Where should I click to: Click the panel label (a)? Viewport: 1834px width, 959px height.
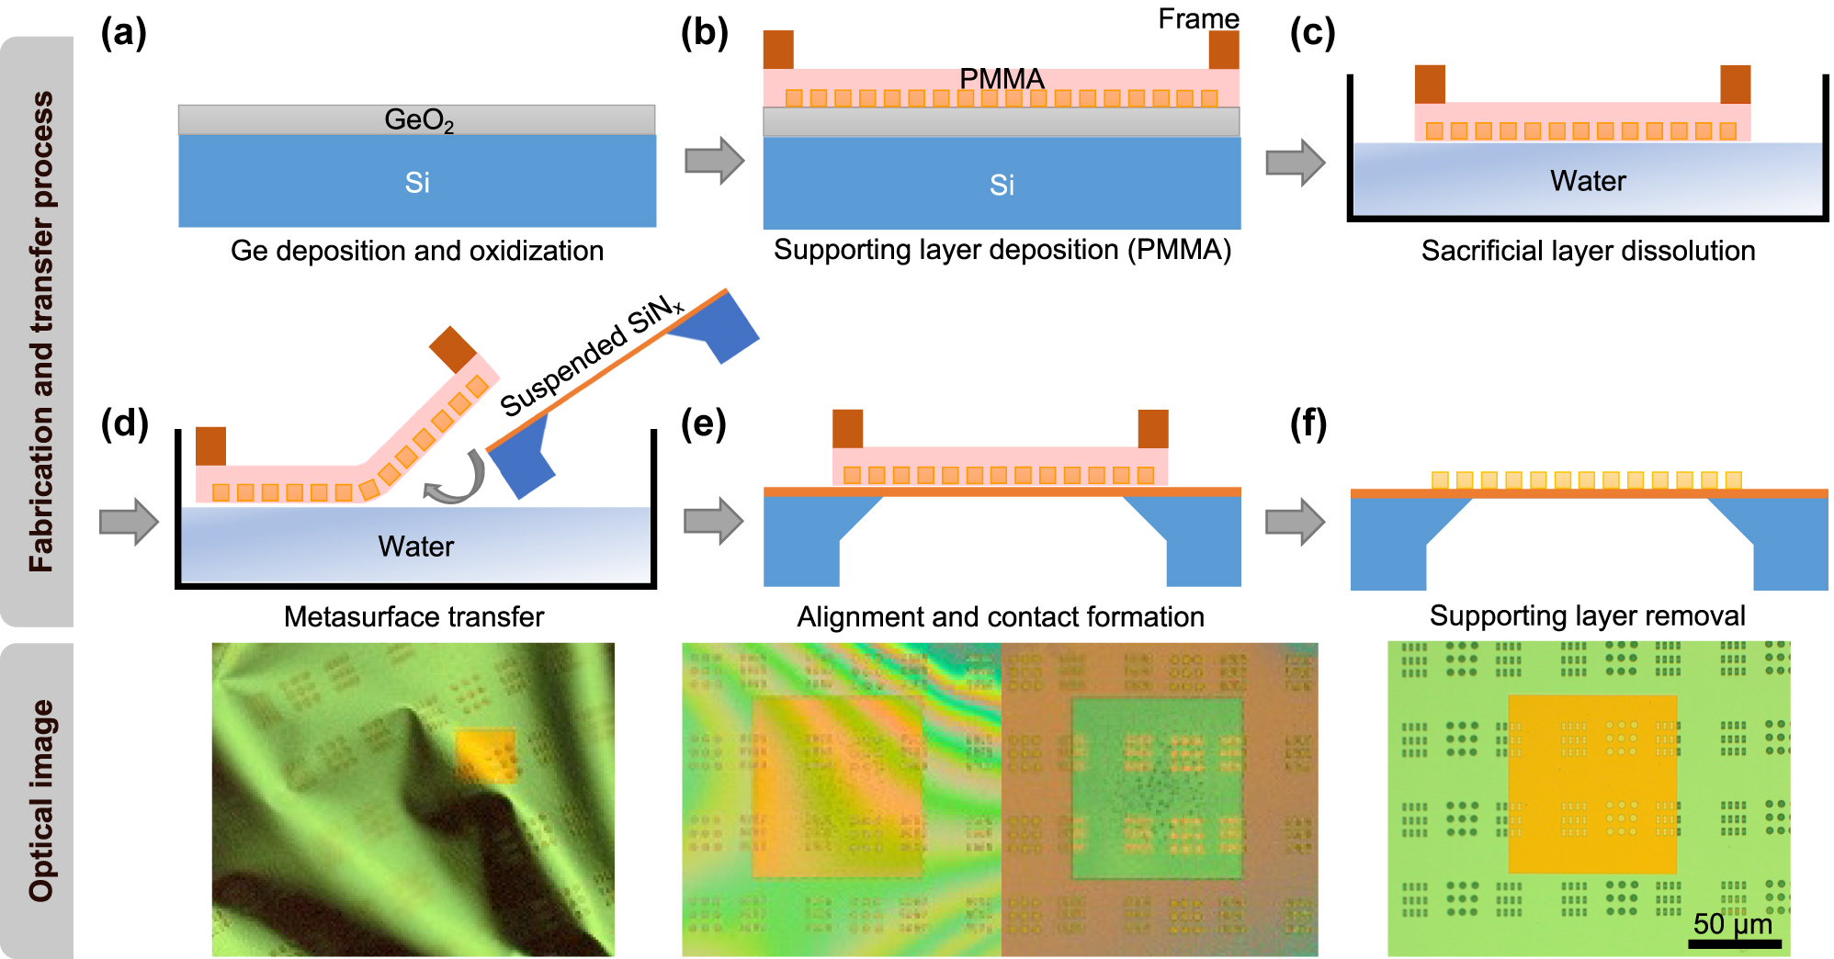point(123,34)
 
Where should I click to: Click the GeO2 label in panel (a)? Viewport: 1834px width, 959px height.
point(418,120)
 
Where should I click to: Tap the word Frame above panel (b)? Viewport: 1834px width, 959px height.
point(1198,18)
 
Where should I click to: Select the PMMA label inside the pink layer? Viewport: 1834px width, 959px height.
point(1002,79)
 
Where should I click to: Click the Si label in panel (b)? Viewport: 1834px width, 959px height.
point(1002,185)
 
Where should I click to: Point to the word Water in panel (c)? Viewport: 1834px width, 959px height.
point(1588,181)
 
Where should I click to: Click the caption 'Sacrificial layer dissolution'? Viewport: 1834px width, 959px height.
point(1588,251)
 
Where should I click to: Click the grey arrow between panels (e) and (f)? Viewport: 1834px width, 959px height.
point(1295,522)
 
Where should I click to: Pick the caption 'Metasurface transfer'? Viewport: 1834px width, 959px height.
point(413,616)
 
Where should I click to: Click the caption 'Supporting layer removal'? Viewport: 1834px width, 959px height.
point(1587,615)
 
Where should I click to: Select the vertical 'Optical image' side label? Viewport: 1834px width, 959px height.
point(40,799)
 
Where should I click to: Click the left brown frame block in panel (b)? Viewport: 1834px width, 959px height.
point(778,50)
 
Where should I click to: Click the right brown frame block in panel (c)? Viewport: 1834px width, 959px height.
point(1735,85)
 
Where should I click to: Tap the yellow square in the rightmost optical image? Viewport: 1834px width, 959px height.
point(1592,784)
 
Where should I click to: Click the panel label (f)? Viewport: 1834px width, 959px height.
point(1308,424)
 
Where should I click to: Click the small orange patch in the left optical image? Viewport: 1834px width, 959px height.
point(485,753)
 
